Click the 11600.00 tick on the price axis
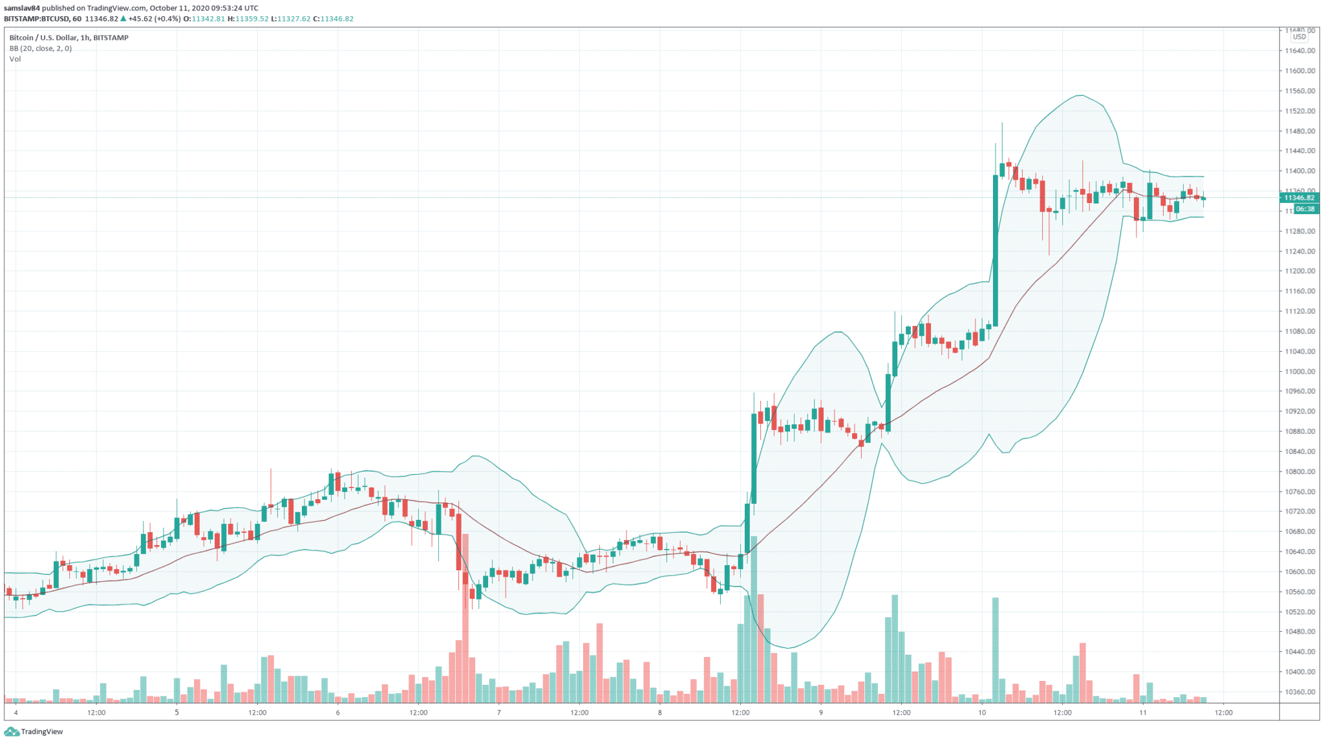click(1299, 71)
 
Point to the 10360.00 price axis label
click(1299, 692)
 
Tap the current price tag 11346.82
click(1299, 198)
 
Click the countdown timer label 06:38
click(1305, 209)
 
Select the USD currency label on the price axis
click(1299, 37)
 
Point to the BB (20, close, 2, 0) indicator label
click(41, 48)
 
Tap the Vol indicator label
click(16, 59)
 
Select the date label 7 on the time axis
click(498, 713)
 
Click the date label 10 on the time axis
click(982, 713)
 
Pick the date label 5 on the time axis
click(176, 713)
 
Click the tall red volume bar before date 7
click(465, 618)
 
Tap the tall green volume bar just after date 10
click(996, 650)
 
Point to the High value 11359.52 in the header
click(251, 19)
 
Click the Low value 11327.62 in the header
click(294, 19)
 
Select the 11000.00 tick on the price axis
click(1299, 371)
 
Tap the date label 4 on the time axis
click(16, 713)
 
